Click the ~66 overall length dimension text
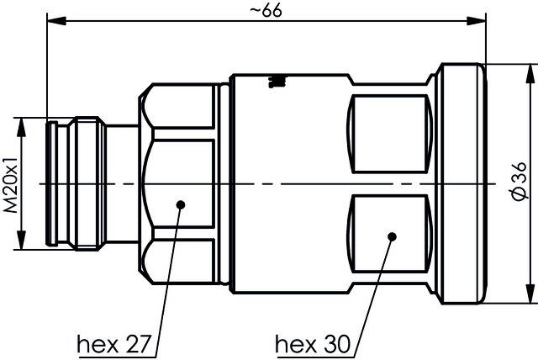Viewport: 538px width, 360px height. (x=266, y=11)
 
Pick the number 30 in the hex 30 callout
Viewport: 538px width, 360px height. (x=330, y=344)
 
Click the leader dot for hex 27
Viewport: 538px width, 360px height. (x=180, y=204)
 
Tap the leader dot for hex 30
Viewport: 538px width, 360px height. (x=391, y=236)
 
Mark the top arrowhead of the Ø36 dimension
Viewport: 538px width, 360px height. (x=529, y=69)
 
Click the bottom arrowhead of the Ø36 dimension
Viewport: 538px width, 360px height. (x=529, y=298)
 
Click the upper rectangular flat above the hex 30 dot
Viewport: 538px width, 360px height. (x=391, y=132)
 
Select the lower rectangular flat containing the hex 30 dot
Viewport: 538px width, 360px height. (x=391, y=235)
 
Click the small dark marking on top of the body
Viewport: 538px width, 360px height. (x=275, y=82)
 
